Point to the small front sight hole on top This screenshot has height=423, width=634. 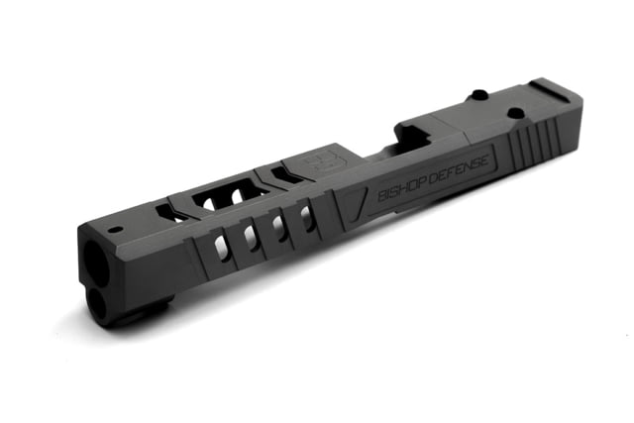click(x=116, y=229)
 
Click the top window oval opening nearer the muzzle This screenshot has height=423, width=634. click(x=209, y=203)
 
